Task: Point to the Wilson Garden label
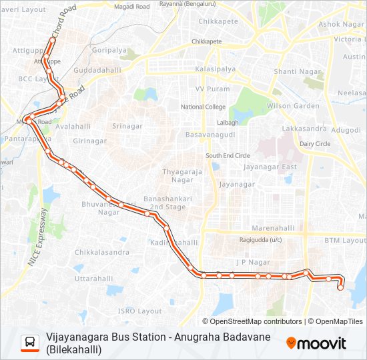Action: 292,106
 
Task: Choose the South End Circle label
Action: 228,155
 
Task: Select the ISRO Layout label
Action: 139,311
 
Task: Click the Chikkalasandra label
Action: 102,253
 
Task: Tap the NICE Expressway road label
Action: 37,237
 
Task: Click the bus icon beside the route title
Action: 30,343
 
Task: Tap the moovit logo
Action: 316,343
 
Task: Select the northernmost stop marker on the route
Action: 52,40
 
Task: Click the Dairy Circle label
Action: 315,143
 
